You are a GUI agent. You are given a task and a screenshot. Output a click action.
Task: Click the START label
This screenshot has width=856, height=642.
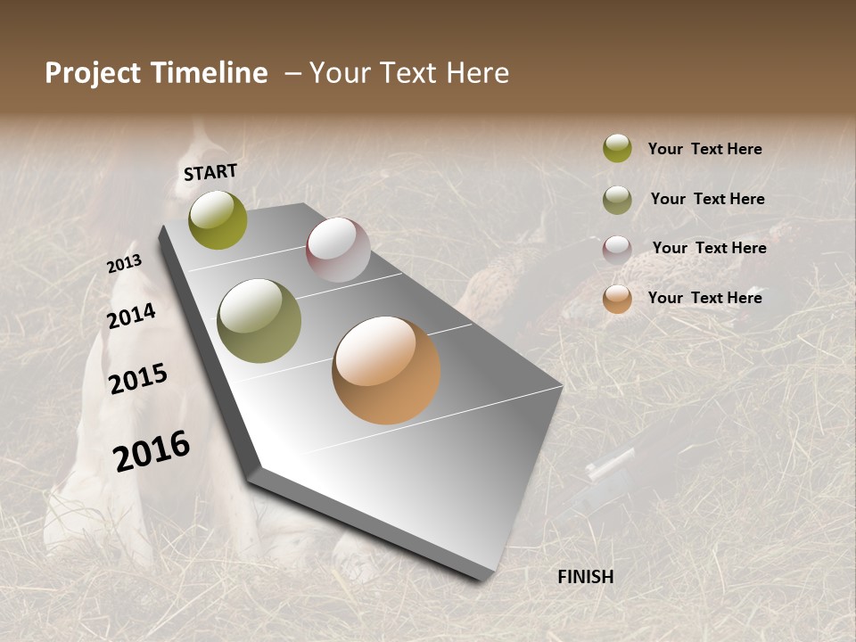pos(210,172)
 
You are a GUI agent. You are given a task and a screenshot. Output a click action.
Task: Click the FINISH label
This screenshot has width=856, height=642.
pos(585,577)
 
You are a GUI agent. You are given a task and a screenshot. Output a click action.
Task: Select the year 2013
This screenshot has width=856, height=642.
pos(124,264)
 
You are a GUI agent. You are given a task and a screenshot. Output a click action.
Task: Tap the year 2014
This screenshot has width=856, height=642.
pos(131,317)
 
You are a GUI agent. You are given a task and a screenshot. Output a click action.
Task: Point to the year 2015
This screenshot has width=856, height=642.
pos(138,379)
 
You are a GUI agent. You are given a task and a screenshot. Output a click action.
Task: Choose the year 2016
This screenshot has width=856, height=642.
pos(152,451)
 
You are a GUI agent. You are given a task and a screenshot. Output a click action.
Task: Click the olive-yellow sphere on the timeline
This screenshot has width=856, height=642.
pos(218,220)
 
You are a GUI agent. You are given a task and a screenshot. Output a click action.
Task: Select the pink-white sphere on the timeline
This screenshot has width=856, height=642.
pos(338,250)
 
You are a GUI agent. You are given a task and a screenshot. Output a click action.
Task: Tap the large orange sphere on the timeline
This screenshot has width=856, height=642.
pos(386,370)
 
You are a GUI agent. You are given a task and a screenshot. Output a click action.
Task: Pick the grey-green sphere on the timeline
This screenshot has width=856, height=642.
pos(259,321)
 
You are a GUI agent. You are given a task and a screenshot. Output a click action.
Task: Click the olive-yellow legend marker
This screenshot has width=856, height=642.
pos(617,148)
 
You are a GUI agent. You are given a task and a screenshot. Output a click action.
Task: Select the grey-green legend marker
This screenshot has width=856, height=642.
pos(617,200)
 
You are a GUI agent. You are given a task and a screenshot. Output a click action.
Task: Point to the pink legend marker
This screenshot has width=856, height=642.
pos(617,250)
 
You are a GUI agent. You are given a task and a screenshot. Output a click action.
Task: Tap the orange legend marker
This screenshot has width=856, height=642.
pos(617,299)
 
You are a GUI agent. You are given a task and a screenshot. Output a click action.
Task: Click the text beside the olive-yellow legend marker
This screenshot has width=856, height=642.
pos(704,149)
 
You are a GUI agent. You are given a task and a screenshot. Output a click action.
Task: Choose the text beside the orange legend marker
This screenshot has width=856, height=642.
pos(704,298)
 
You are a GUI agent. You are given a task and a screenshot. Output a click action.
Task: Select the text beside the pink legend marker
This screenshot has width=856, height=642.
pos(709,248)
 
